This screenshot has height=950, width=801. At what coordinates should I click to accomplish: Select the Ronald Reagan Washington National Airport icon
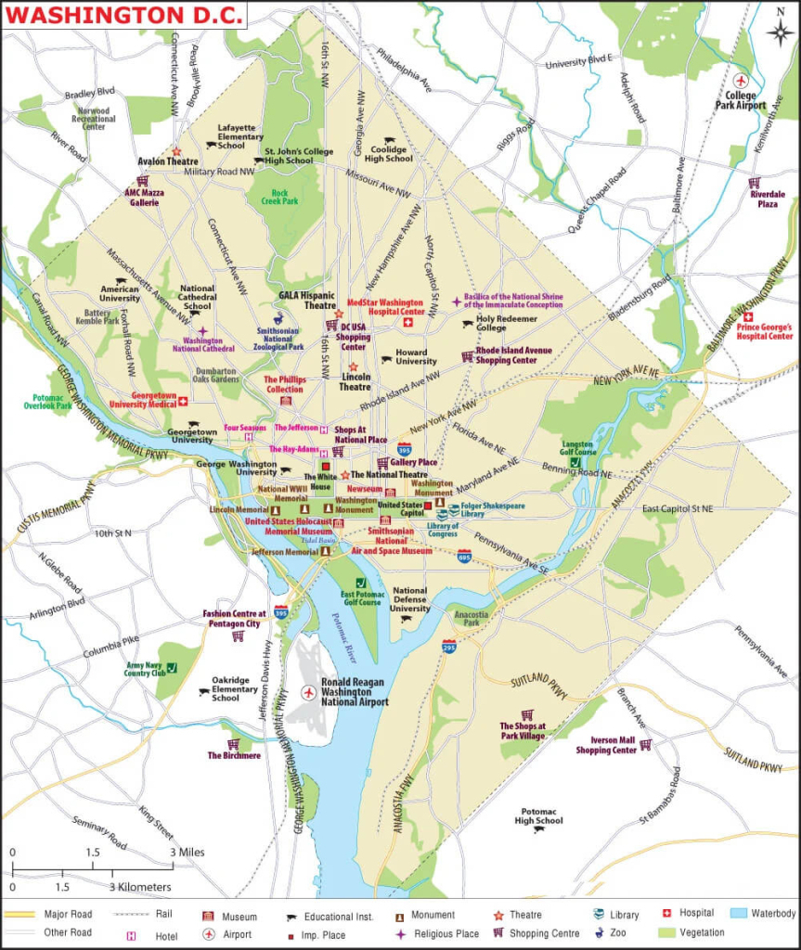309,692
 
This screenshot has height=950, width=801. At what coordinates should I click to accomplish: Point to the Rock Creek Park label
275,198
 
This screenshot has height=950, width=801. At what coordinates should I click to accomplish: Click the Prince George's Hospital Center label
765,331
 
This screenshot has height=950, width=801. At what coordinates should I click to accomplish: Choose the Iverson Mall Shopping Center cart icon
645,744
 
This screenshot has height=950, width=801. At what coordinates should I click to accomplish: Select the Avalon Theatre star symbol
176,150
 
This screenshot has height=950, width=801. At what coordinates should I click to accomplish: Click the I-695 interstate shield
464,556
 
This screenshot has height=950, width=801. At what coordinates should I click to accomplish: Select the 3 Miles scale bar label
187,852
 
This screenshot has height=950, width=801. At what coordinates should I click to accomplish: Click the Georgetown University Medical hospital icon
183,401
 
